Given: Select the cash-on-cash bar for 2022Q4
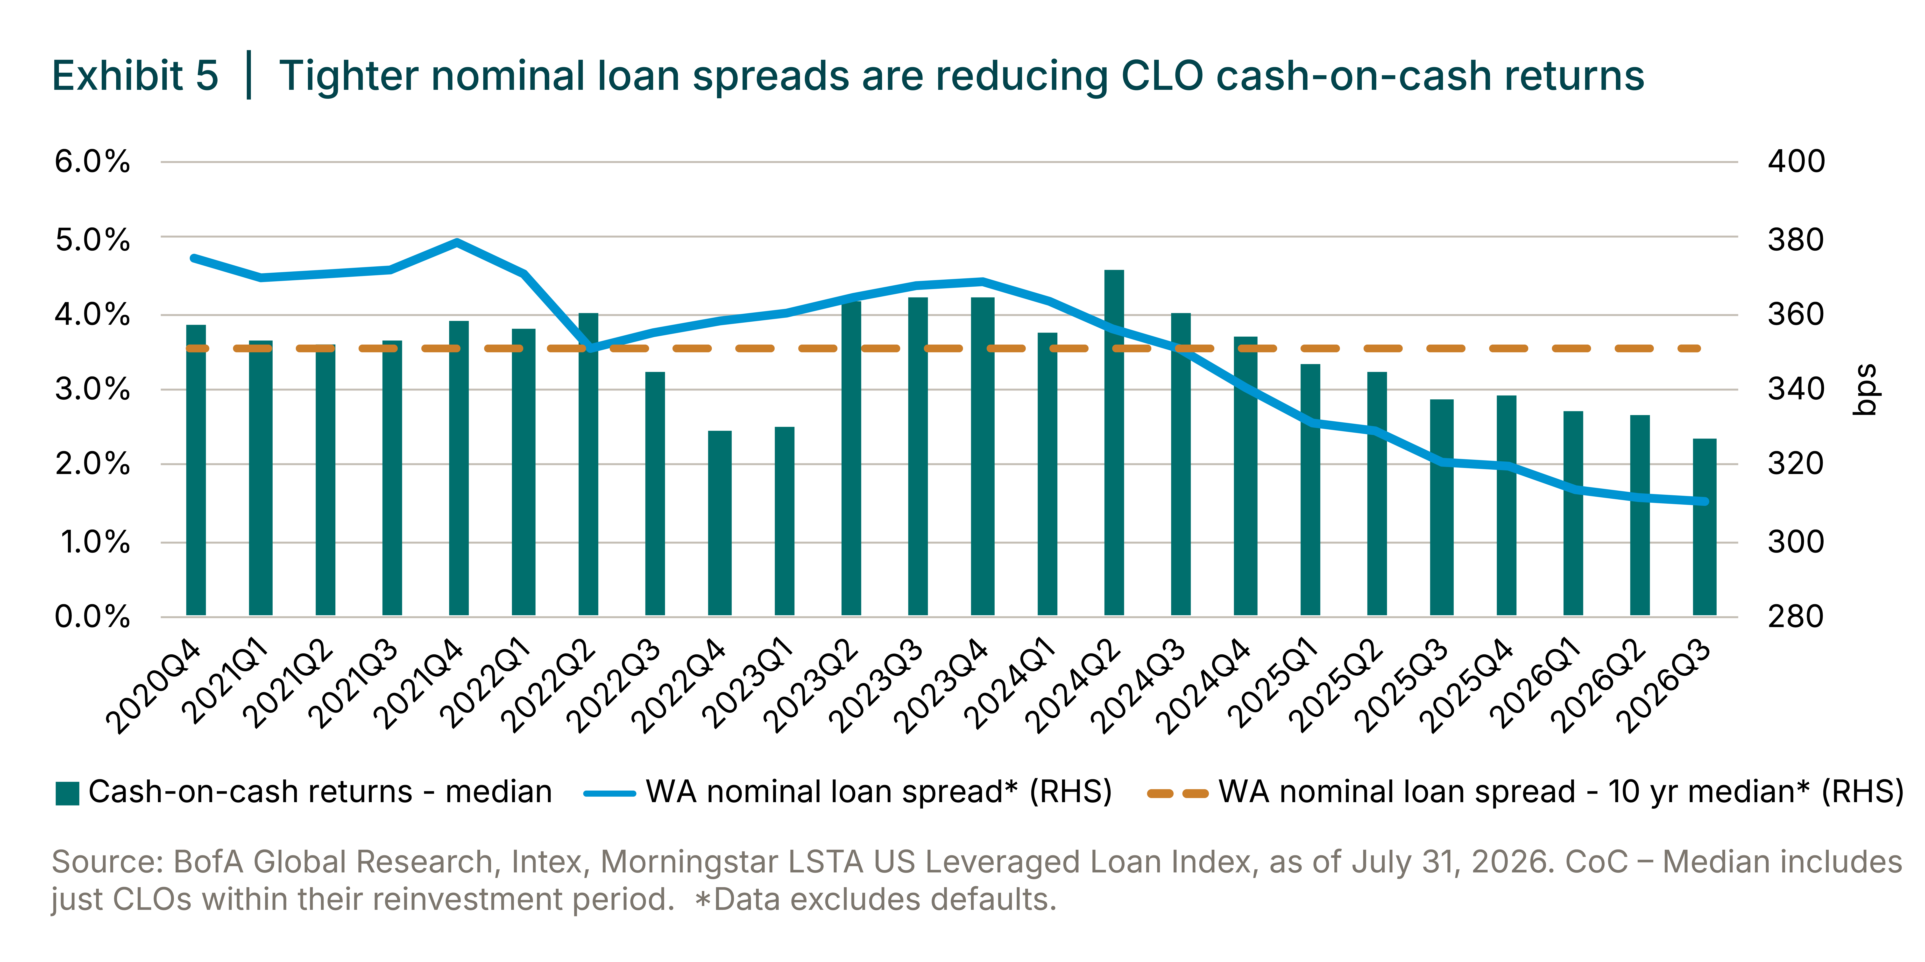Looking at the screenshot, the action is (x=720, y=523).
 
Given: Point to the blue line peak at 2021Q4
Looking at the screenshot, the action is (x=457, y=242).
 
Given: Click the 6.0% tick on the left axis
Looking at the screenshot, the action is (x=92, y=162).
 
